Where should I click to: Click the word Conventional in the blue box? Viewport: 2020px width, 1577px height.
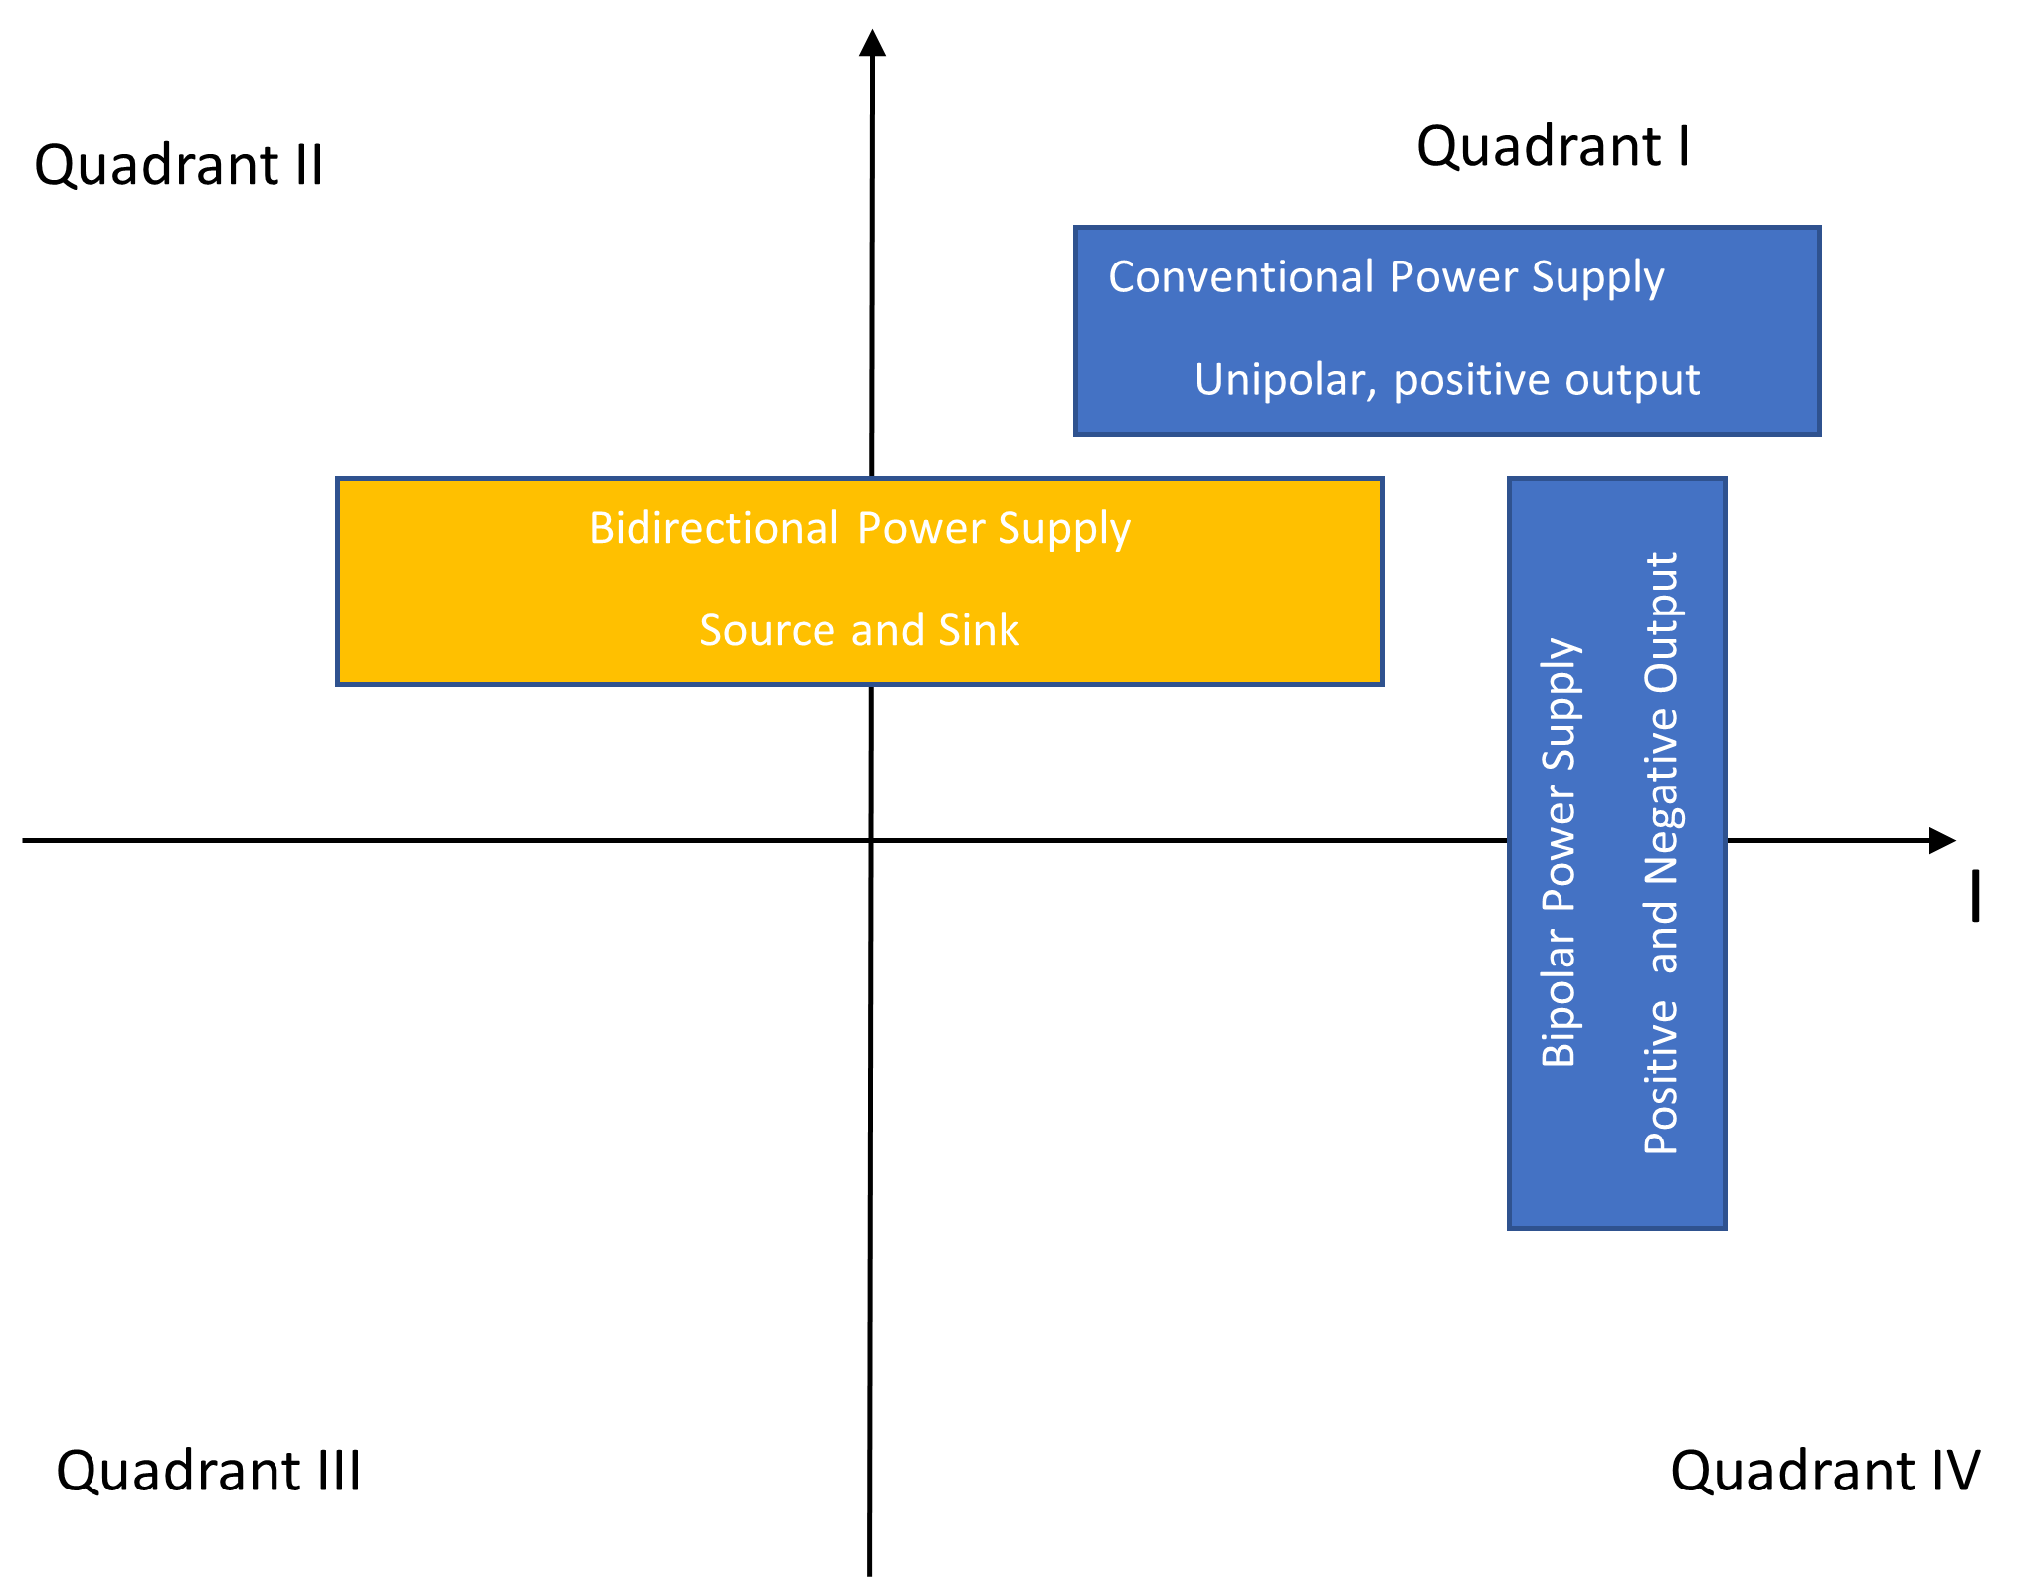(x=1240, y=277)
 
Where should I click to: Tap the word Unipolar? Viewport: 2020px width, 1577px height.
(x=1282, y=380)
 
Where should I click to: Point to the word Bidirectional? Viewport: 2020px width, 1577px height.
(x=713, y=528)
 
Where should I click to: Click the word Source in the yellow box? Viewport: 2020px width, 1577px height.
(x=767, y=630)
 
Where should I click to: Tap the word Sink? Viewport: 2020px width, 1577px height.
(x=978, y=630)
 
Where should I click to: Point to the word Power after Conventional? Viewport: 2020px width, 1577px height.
(x=1454, y=277)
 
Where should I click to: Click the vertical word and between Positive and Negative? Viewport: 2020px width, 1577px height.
(x=1662, y=938)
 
